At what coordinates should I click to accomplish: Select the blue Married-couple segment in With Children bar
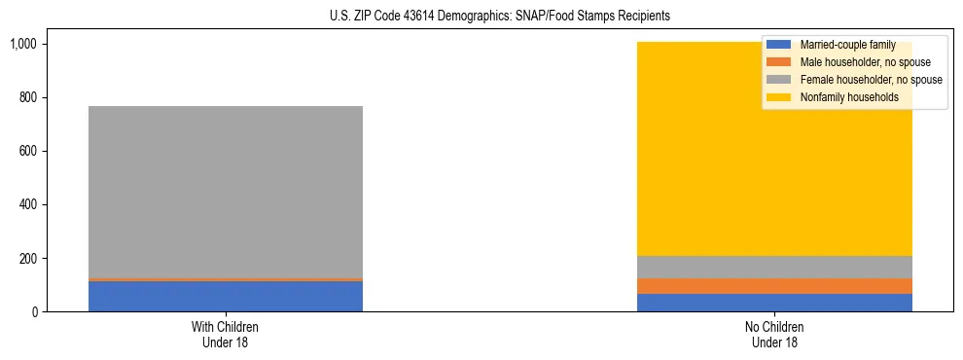coord(226,297)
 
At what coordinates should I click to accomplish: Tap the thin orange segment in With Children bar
coord(226,279)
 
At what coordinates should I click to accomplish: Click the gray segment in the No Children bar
coord(774,267)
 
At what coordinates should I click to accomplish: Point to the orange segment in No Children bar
coord(774,286)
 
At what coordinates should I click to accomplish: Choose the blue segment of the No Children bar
coord(774,303)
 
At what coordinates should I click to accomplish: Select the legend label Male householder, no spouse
coord(865,62)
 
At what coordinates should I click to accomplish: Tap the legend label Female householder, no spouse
coord(871,80)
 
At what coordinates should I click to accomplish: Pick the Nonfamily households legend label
coord(848,97)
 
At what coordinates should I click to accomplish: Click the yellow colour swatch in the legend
coord(779,97)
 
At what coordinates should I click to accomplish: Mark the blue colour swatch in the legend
coord(779,45)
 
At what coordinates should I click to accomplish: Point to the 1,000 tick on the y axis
coord(22,44)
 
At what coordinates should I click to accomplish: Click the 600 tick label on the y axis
coord(26,151)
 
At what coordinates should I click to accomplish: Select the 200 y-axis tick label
coord(26,258)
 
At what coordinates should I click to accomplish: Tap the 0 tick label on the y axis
coord(33,311)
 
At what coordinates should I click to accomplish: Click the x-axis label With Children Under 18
coord(226,334)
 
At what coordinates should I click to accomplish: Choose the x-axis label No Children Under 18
coord(774,334)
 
